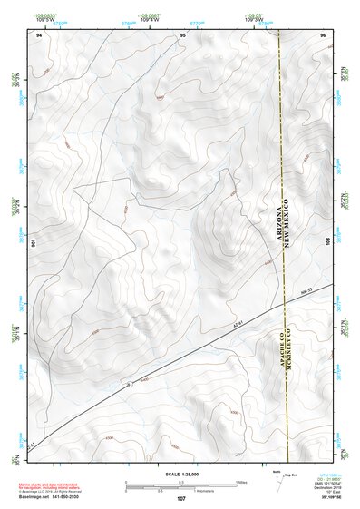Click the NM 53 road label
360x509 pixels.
click(306, 290)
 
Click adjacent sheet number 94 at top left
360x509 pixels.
click(38, 34)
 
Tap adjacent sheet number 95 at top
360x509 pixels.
click(182, 34)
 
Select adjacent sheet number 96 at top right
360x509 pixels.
click(324, 34)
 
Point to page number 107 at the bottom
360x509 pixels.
click(181, 499)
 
